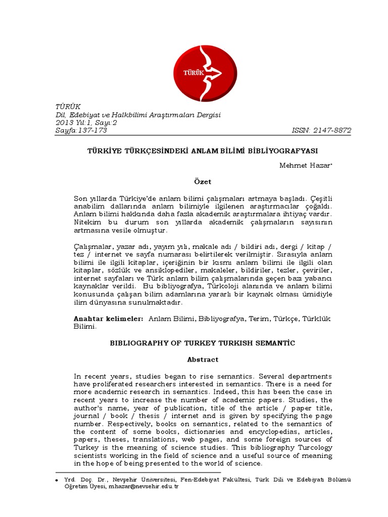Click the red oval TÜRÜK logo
(x=205, y=74)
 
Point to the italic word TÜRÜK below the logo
(x=67, y=106)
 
